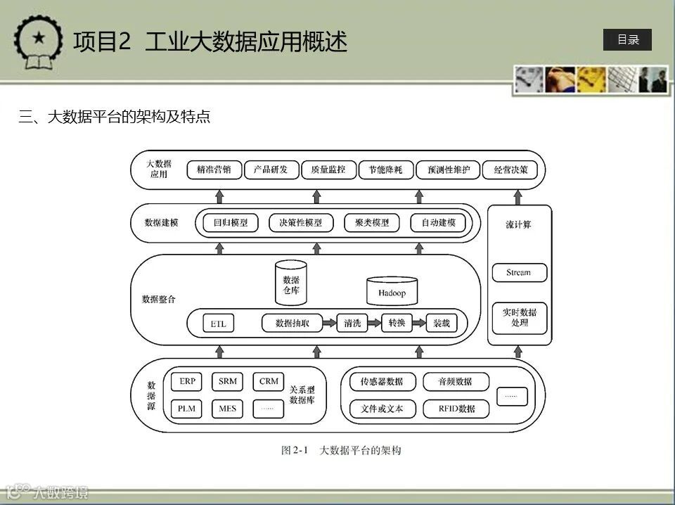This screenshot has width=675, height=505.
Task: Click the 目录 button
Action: pyautogui.click(x=627, y=40)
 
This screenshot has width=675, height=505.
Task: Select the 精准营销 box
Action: pyautogui.click(x=214, y=170)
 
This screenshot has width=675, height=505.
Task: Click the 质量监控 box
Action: pyautogui.click(x=323, y=170)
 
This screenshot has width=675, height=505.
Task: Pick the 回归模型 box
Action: pyautogui.click(x=231, y=223)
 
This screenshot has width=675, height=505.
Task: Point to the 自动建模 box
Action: pyautogui.click(x=439, y=223)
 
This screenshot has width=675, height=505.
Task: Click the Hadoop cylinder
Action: pyautogui.click(x=392, y=291)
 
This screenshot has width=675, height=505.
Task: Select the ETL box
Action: pyautogui.click(x=218, y=324)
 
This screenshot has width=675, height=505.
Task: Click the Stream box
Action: pyautogui.click(x=519, y=273)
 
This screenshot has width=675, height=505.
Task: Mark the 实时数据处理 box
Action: pyautogui.click(x=520, y=317)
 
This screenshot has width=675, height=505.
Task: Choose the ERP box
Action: pyautogui.click(x=187, y=382)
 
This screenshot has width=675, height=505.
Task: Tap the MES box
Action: pyautogui.click(x=227, y=408)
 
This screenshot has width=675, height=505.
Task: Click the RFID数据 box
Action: pyautogui.click(x=456, y=408)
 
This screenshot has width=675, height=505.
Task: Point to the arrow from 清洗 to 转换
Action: pyautogui.click(x=371, y=324)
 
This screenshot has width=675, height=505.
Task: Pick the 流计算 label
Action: pyautogui.click(x=518, y=225)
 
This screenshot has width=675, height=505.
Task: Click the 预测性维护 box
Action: pyautogui.click(x=448, y=170)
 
